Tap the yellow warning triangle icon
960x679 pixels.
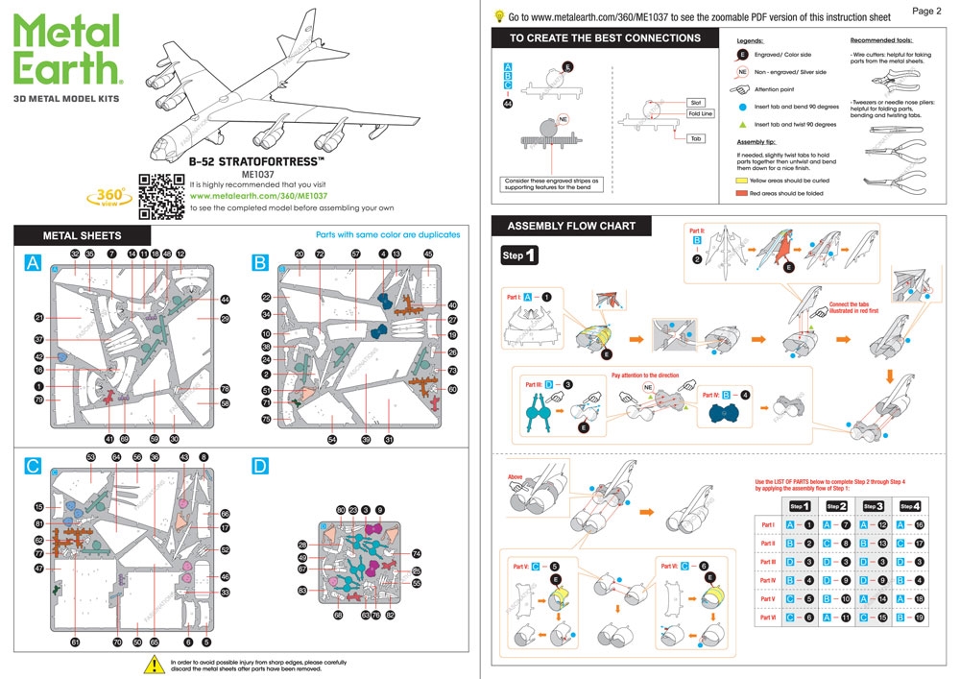click(152, 664)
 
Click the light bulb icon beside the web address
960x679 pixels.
click(499, 15)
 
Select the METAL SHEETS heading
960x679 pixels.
click(82, 234)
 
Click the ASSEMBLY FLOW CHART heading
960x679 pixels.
click(571, 226)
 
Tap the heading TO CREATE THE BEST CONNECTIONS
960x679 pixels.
click(604, 38)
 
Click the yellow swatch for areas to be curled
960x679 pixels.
click(742, 180)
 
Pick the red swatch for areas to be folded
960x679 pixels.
click(742, 193)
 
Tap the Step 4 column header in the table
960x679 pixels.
click(910, 506)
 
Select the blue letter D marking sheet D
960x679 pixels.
click(259, 467)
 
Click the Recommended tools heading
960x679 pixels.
click(881, 40)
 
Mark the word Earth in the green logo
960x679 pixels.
click(67, 65)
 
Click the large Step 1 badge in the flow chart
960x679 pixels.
click(519, 256)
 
